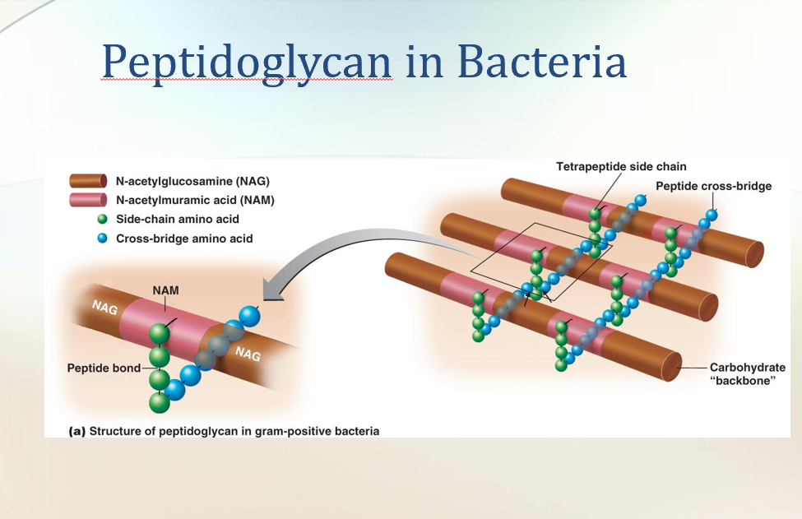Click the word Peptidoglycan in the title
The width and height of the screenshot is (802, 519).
(248, 62)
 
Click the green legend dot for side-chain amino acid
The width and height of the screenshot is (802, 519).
(102, 219)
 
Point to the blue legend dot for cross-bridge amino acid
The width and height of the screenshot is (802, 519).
(102, 239)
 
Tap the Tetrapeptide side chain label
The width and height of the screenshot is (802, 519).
(621, 167)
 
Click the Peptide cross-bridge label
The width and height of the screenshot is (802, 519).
(713, 186)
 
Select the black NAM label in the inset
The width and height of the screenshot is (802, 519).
(165, 290)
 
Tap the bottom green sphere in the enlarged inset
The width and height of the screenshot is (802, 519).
(159, 402)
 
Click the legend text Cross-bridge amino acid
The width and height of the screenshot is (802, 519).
(184, 239)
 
